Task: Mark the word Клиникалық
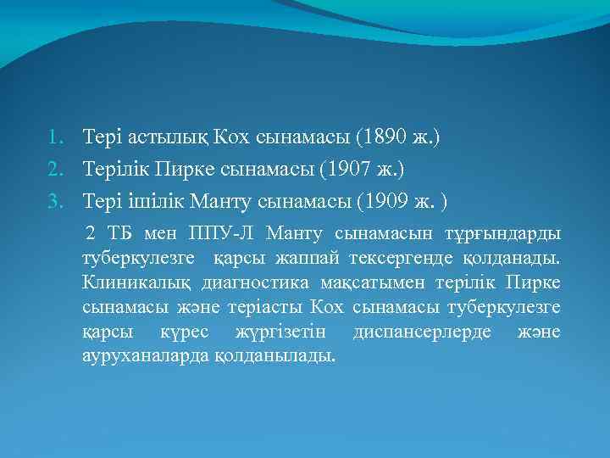[136, 282]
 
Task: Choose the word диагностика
[255, 282]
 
